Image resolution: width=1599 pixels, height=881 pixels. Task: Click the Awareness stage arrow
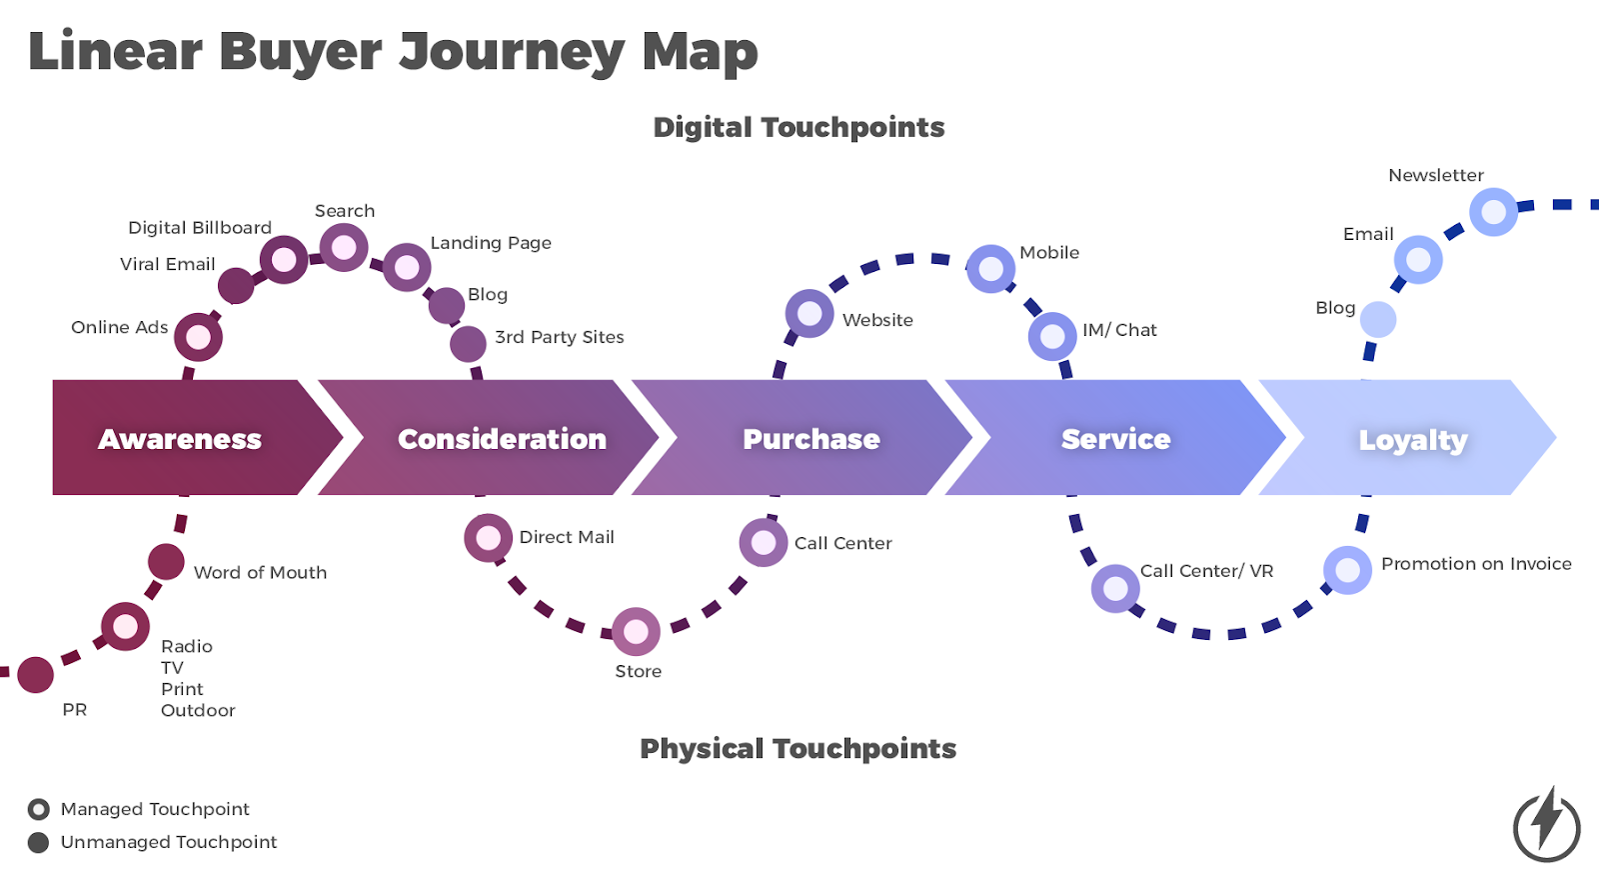click(180, 438)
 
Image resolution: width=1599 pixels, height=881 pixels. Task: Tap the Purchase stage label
click(811, 439)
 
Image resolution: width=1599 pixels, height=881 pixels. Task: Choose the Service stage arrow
click(1114, 438)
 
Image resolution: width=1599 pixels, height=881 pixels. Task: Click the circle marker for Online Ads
click(198, 337)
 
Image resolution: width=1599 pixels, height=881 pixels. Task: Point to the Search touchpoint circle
click(344, 247)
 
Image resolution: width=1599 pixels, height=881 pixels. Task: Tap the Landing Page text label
click(491, 243)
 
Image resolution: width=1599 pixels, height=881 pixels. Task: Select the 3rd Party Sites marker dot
click(468, 343)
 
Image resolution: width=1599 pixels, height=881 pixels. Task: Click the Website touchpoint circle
click(809, 314)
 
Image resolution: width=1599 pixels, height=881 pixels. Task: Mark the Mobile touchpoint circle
click(990, 269)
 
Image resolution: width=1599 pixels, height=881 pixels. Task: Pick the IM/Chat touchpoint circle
click(1052, 336)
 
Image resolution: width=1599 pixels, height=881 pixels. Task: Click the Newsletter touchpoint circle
click(1493, 212)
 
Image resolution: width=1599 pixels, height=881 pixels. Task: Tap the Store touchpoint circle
click(636, 631)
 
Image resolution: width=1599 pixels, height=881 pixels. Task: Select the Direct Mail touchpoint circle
click(488, 538)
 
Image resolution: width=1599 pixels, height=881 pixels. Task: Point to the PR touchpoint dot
click(36, 675)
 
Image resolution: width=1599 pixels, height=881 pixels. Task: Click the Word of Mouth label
click(260, 573)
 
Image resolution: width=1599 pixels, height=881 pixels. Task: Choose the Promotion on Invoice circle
click(1347, 570)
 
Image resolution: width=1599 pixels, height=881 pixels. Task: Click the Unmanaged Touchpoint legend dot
click(39, 842)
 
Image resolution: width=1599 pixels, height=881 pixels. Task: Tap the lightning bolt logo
click(1546, 823)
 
